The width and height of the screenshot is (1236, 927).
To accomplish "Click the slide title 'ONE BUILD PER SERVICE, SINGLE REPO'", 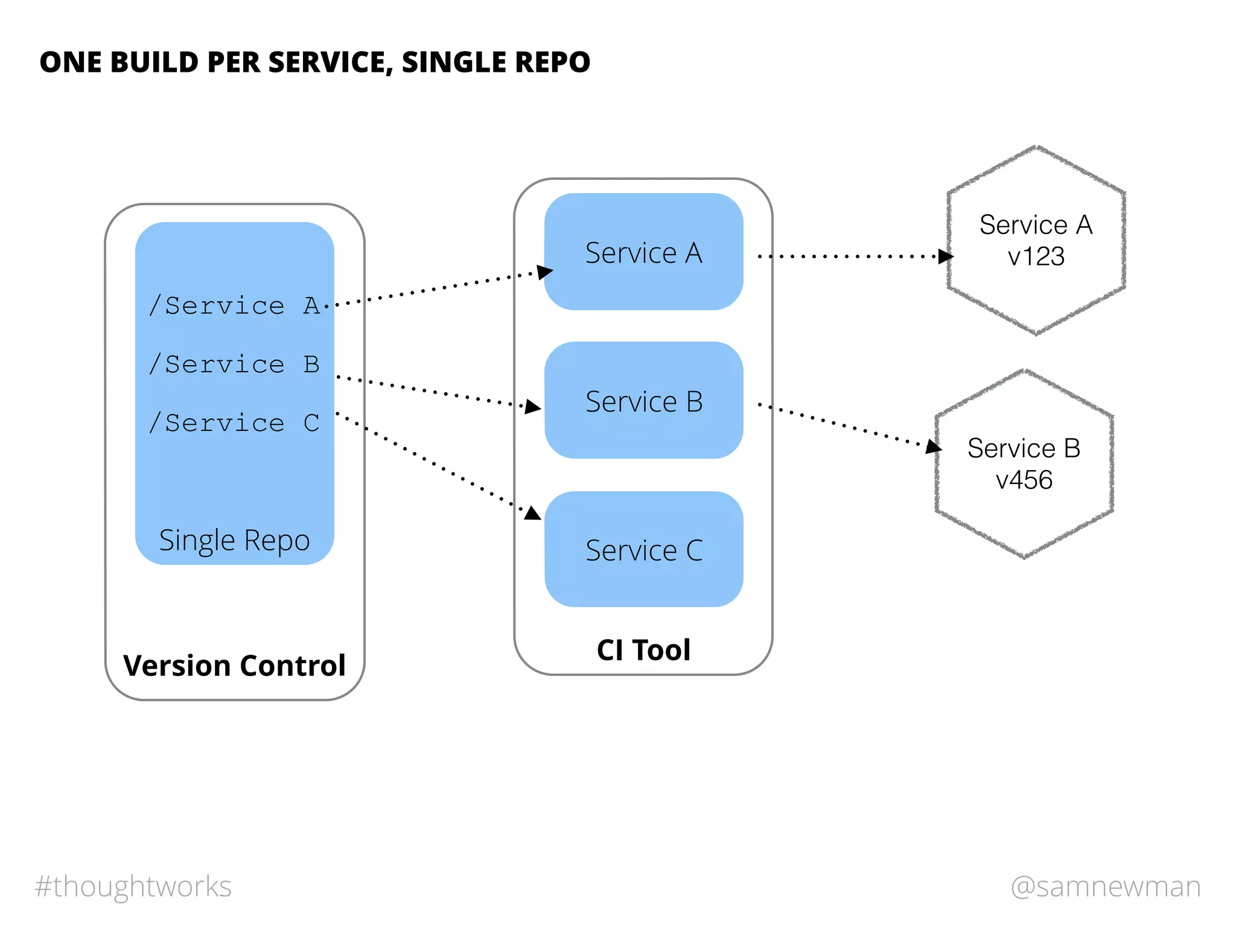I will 314,62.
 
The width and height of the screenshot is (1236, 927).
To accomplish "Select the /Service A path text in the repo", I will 234,306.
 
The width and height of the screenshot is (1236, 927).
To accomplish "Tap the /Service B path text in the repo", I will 234,365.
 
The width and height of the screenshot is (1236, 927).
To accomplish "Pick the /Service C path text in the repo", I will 234,423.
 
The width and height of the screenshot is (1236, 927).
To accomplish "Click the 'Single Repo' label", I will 234,540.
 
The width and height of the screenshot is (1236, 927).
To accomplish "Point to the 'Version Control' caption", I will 234,666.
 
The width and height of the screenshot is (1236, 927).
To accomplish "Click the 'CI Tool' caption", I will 643,650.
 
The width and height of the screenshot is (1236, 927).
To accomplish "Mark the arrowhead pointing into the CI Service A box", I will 544,272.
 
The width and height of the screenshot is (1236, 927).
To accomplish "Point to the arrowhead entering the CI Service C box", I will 533,514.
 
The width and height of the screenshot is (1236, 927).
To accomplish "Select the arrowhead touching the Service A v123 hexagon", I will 945,256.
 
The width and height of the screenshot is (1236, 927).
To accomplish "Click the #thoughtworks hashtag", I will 133,887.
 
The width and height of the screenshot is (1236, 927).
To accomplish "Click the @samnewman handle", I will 1106,887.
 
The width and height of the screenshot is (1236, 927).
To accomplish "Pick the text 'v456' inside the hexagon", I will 1024,480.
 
